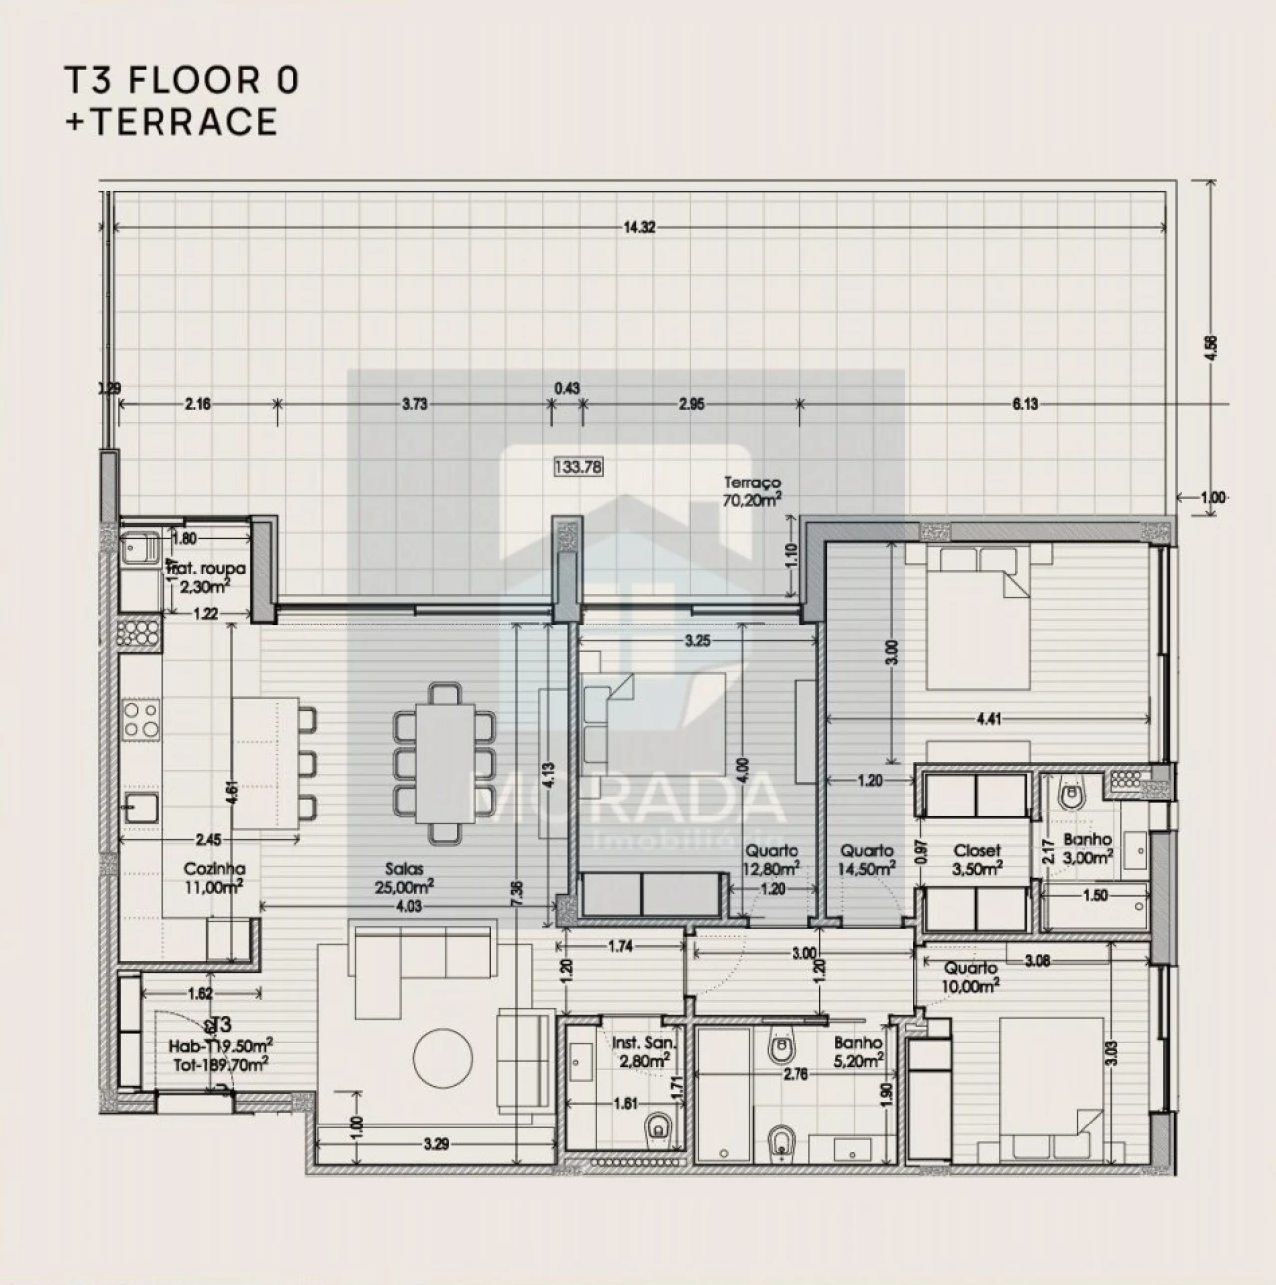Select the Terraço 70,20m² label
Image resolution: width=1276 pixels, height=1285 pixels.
[x=752, y=492]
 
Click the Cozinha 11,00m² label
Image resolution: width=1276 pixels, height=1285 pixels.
[x=214, y=877]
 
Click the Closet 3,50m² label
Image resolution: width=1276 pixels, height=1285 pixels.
[x=976, y=860]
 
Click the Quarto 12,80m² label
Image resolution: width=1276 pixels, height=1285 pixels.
[x=771, y=860]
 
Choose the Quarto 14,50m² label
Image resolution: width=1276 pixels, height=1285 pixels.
[x=866, y=860]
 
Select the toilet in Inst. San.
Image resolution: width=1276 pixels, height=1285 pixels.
[x=657, y=1128]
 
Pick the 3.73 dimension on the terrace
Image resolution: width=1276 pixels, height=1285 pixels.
[x=414, y=404]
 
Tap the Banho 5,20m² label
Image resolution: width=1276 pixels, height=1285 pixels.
[x=860, y=1052]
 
